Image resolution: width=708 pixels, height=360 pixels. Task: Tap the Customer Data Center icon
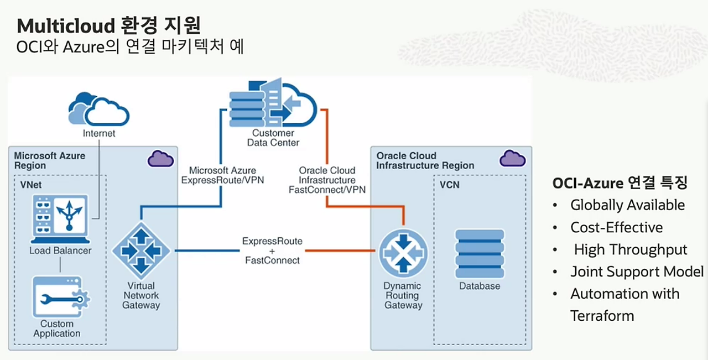pyautogui.click(x=273, y=103)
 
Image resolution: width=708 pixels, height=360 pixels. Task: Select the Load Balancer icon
pyautogui.click(x=60, y=219)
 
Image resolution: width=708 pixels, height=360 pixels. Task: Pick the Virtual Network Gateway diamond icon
pyautogui.click(x=141, y=251)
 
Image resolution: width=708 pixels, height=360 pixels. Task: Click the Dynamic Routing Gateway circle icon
pyautogui.click(x=403, y=253)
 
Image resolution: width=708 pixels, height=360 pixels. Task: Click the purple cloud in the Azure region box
pyautogui.click(x=160, y=159)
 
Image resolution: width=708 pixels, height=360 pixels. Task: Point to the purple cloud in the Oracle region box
pyautogui.click(x=512, y=159)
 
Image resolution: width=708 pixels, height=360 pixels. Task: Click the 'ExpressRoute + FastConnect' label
pyautogui.click(x=272, y=251)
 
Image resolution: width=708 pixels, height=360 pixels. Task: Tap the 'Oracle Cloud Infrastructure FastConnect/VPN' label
pyautogui.click(x=327, y=180)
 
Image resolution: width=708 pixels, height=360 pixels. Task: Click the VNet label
pyautogui.click(x=27, y=185)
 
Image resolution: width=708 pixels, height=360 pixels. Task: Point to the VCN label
pyautogui.click(x=450, y=185)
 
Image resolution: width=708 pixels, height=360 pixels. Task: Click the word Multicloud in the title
pyautogui.click(x=60, y=25)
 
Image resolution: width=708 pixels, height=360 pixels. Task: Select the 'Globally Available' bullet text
pyautogui.click(x=627, y=205)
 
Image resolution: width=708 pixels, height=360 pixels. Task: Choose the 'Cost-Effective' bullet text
pyautogui.click(x=616, y=227)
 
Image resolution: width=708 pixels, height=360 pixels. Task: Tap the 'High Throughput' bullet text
pyautogui.click(x=630, y=249)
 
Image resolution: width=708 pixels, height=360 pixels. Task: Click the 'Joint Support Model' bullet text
pyautogui.click(x=637, y=272)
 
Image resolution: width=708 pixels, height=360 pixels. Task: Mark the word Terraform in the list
pyautogui.click(x=602, y=316)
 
